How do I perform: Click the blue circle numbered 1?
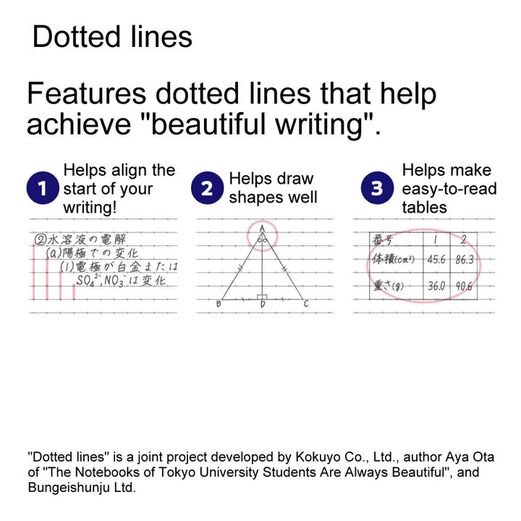(43, 187)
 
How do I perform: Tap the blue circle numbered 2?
(208, 187)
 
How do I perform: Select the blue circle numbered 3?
(377, 187)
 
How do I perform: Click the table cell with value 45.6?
(436, 260)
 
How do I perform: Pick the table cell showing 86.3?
(464, 260)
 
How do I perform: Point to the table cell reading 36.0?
(436, 286)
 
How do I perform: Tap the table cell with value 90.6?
(464, 286)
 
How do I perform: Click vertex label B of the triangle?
(219, 304)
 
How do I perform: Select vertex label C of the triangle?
(306, 304)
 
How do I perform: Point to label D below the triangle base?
(263, 305)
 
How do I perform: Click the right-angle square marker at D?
(262, 297)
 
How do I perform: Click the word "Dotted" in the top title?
(77, 37)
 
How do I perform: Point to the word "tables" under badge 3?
(424, 208)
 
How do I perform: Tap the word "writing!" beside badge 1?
(90, 208)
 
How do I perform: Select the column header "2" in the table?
(464, 240)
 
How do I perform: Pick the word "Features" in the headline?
(87, 93)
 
